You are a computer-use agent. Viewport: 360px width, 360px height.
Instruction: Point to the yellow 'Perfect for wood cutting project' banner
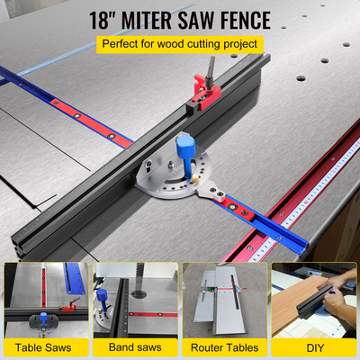click(181, 42)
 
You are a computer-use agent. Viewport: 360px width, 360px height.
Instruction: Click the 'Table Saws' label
click(45, 347)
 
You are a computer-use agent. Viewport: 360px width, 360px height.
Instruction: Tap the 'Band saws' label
click(135, 347)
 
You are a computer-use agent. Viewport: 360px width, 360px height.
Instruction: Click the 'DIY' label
click(315, 347)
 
